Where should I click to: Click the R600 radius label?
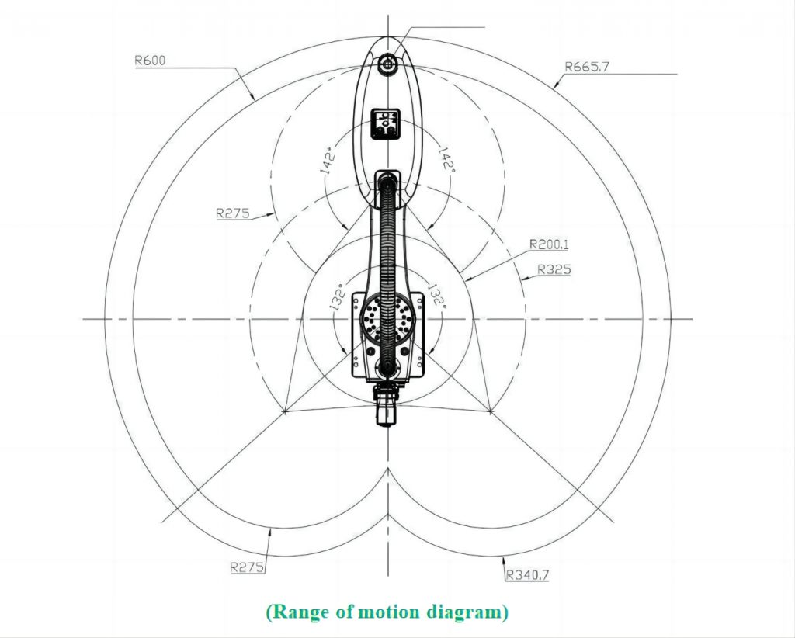[x=150, y=61]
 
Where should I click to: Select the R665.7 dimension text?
[x=587, y=66]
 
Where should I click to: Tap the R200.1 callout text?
[x=549, y=244]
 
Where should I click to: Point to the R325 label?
[x=554, y=269]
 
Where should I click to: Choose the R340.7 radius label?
[x=527, y=574]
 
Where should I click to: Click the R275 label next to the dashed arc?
[x=233, y=213]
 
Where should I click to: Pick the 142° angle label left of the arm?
[x=329, y=161]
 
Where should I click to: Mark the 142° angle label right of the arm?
[x=446, y=158]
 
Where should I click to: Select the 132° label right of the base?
[x=436, y=296]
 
